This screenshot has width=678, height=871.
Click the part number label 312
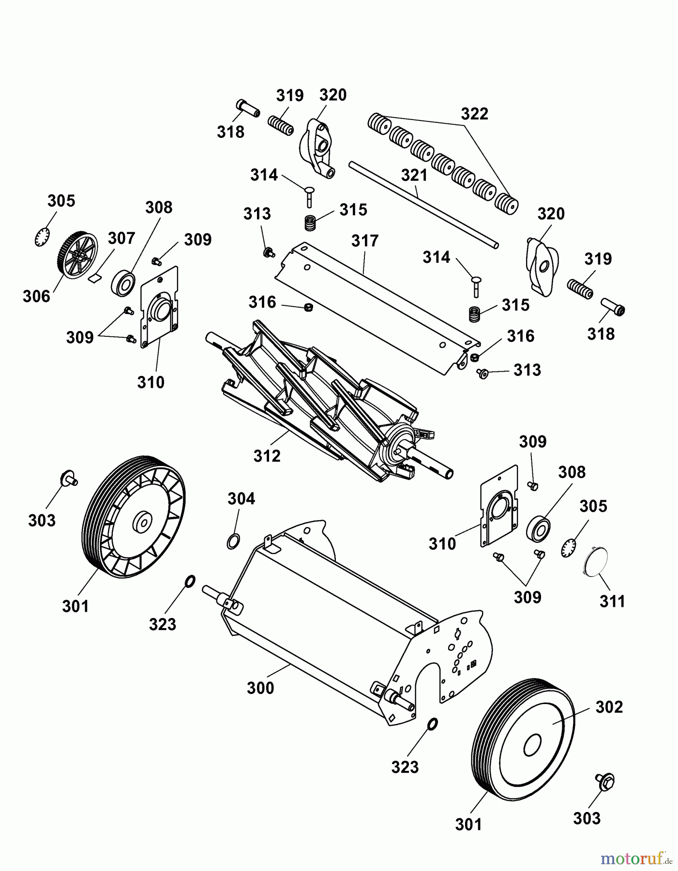coord(267,456)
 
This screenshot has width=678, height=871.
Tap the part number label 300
coord(260,688)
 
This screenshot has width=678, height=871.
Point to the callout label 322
coord(474,114)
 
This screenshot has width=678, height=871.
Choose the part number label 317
coord(365,240)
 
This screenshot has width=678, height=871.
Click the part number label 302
coord(609,707)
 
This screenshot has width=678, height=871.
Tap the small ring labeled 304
coord(233,541)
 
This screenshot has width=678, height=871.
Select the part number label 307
coord(121,238)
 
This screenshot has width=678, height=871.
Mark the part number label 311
coord(612,601)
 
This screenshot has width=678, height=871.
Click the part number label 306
coord(36,296)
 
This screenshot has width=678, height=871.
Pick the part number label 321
coord(414,175)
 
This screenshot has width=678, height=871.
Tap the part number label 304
coord(241,498)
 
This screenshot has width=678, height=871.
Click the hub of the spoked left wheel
coord(142,523)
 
